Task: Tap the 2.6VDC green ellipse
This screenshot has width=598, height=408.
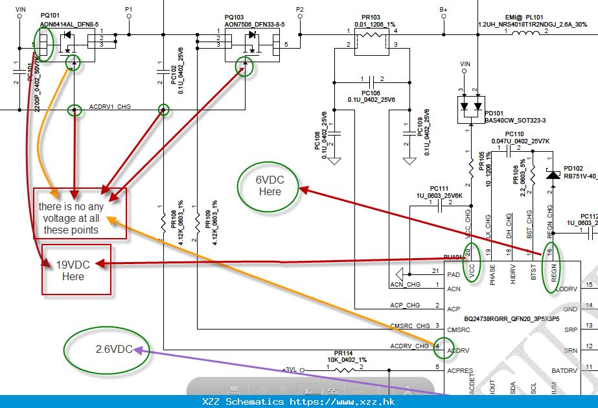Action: click(107, 348)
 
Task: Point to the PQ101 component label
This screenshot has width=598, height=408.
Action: click(51, 16)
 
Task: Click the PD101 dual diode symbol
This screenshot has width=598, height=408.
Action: click(471, 104)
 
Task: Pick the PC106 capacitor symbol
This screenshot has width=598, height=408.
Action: click(372, 82)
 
